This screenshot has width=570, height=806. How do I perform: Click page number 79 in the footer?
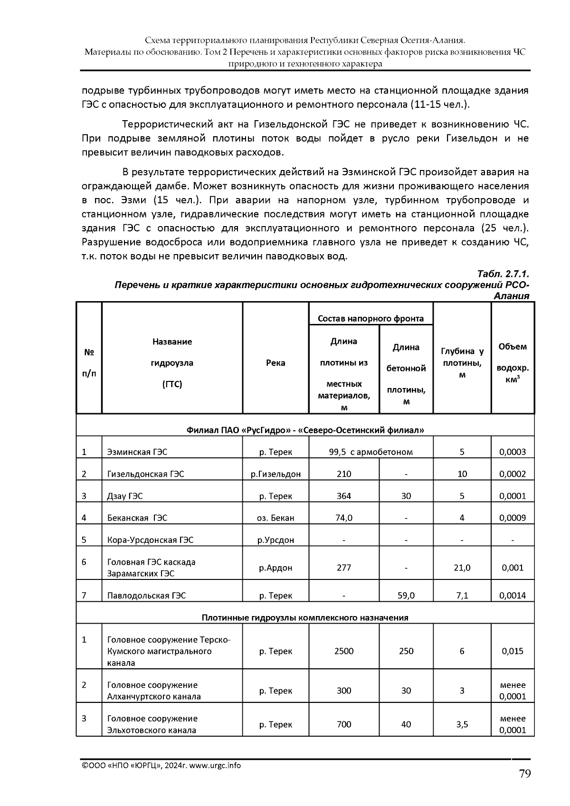click(x=524, y=774)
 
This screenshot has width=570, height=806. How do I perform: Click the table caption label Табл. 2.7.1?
click(x=503, y=275)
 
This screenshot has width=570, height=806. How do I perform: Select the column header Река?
click(x=275, y=363)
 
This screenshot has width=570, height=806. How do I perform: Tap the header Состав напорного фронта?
click(x=370, y=319)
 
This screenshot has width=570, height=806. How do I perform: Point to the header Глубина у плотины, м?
click(x=462, y=363)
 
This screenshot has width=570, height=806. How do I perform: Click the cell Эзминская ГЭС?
click(x=137, y=452)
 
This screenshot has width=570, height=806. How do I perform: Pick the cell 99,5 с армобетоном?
click(x=370, y=452)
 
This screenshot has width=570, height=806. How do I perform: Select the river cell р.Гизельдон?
click(x=275, y=474)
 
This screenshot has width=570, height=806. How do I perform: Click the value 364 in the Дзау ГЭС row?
click(x=343, y=496)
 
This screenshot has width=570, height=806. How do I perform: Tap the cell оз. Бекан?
click(x=275, y=518)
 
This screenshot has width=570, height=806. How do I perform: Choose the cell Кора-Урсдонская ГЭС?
click(x=150, y=540)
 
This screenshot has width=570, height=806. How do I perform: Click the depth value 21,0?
click(x=462, y=568)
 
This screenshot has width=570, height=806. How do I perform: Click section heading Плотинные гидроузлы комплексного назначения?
click(x=305, y=617)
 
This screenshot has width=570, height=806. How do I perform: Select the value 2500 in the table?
click(x=343, y=651)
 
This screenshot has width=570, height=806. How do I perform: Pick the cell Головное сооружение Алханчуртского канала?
click(x=154, y=691)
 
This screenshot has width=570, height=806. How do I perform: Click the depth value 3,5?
click(x=462, y=724)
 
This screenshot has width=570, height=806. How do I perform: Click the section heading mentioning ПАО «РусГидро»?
click(x=305, y=430)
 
